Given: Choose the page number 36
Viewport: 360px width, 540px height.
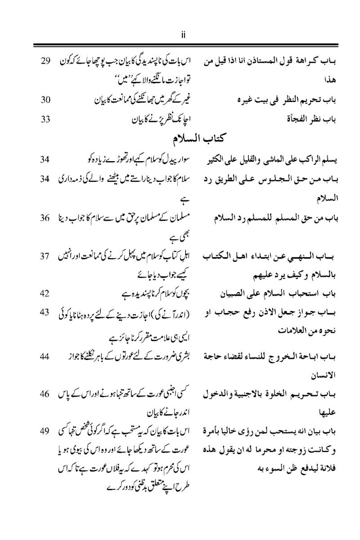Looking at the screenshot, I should (44, 217).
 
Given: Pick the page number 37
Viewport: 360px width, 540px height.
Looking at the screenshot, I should (44, 256).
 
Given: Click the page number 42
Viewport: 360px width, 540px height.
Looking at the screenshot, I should (44, 294).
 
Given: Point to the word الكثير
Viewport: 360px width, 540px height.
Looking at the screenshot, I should (220, 160).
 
